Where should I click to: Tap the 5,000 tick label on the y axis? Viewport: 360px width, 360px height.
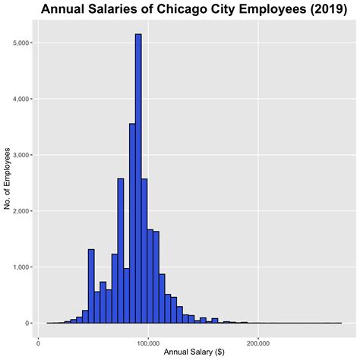tap(21, 43)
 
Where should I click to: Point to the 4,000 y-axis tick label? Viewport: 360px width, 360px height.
tap(21, 99)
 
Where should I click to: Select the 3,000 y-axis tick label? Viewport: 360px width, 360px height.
tap(21, 155)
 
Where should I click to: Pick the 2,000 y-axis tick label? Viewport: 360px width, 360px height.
tap(21, 211)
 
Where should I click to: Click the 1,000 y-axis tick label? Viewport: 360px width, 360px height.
tap(21, 267)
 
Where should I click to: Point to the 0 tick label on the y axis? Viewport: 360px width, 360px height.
tap(27, 324)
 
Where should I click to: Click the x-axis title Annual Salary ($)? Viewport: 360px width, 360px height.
tap(193, 352)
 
